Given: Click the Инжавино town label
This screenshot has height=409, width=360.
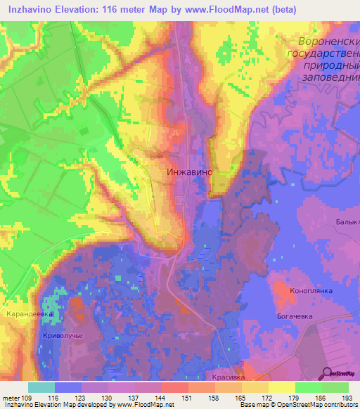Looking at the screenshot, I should click(189, 171).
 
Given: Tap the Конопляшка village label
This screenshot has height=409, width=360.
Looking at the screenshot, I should click(311, 290).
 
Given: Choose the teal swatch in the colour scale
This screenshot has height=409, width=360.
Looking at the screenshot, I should click(41, 387).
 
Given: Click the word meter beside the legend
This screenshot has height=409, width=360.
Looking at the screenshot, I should click(11, 398).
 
